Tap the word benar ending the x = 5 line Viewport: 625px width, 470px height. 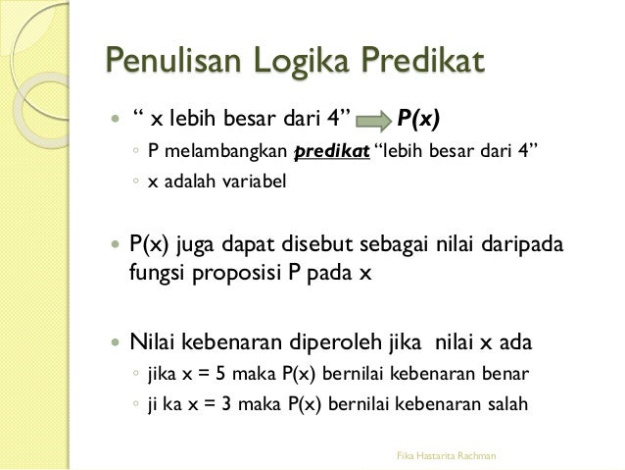click(506, 373)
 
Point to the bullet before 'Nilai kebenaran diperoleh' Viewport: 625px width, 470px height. click(118, 345)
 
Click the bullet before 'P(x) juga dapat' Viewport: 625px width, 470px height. click(118, 243)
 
